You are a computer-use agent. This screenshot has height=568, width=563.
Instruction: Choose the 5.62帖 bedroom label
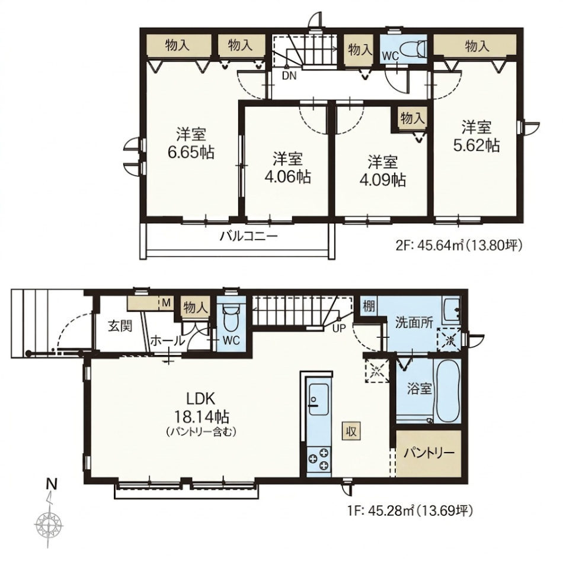point(476,137)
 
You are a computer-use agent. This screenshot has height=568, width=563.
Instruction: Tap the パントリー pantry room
point(428,454)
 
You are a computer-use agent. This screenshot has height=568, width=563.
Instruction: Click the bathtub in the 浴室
point(447,391)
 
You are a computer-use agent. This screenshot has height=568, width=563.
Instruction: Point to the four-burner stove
point(319,459)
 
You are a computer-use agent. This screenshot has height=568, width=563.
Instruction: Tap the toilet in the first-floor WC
point(231,318)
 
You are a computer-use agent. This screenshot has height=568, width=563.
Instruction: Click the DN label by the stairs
point(289,76)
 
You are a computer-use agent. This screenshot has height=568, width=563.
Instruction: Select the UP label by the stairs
point(339,328)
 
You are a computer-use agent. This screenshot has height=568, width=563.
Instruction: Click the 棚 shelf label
point(369,306)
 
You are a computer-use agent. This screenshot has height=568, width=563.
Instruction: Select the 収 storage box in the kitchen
point(351,431)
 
